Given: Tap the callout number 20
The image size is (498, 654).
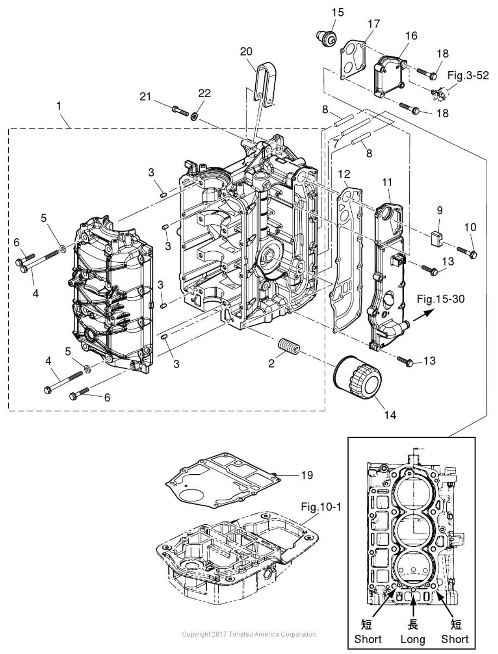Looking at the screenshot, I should (246, 52).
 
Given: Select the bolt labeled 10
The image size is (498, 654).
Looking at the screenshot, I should (467, 253).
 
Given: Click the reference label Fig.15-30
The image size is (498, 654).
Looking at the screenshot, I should (440, 299).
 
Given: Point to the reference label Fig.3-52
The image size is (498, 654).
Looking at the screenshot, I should (468, 76).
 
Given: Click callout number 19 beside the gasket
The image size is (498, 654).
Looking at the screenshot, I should (307, 475).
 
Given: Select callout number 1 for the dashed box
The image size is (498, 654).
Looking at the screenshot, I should (58, 106).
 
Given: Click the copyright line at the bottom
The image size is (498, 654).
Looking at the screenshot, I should (249, 634).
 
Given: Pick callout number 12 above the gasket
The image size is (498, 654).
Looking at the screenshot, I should (344, 174).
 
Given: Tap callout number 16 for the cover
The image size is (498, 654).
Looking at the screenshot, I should (411, 36).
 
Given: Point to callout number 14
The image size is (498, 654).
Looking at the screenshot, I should (390, 414).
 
